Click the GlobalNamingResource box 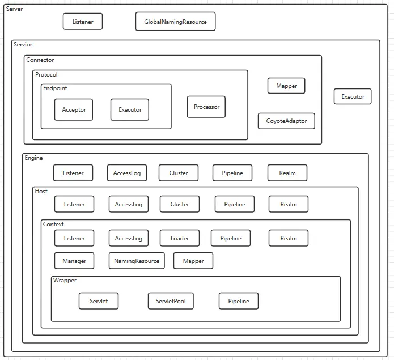coord(175,22)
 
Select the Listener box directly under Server coord(83,22)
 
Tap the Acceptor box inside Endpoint coord(74,109)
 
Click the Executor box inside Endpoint coord(130,109)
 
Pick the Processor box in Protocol coord(206,107)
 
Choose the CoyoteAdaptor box coord(286,121)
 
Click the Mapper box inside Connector coord(286,86)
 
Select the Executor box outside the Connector coord(353,96)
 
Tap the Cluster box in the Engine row coord(179,173)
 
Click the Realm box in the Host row coord(289,204)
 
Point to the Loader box coord(180,238)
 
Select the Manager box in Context coord(74,261)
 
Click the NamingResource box coord(137,261)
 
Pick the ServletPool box coord(171,301)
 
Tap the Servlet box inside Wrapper coord(99,301)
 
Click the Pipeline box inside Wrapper coord(239,301)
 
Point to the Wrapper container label coord(65,281)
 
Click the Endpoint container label coord(55,88)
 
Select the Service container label coord(23,44)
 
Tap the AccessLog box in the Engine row coord(127,173)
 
